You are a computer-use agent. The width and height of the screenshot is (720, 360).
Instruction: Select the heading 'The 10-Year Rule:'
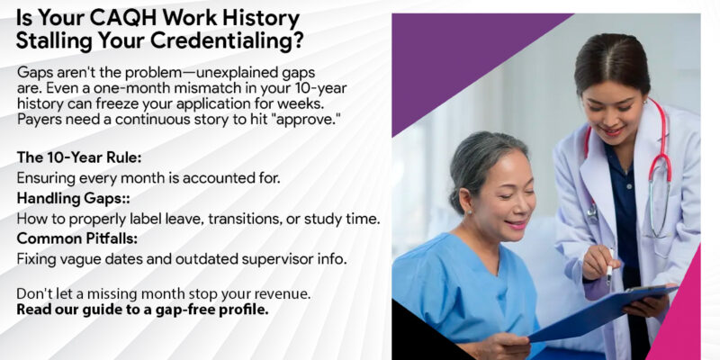coord(78,157)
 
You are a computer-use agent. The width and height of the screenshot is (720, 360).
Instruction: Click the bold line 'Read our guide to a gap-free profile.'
coord(142,310)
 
